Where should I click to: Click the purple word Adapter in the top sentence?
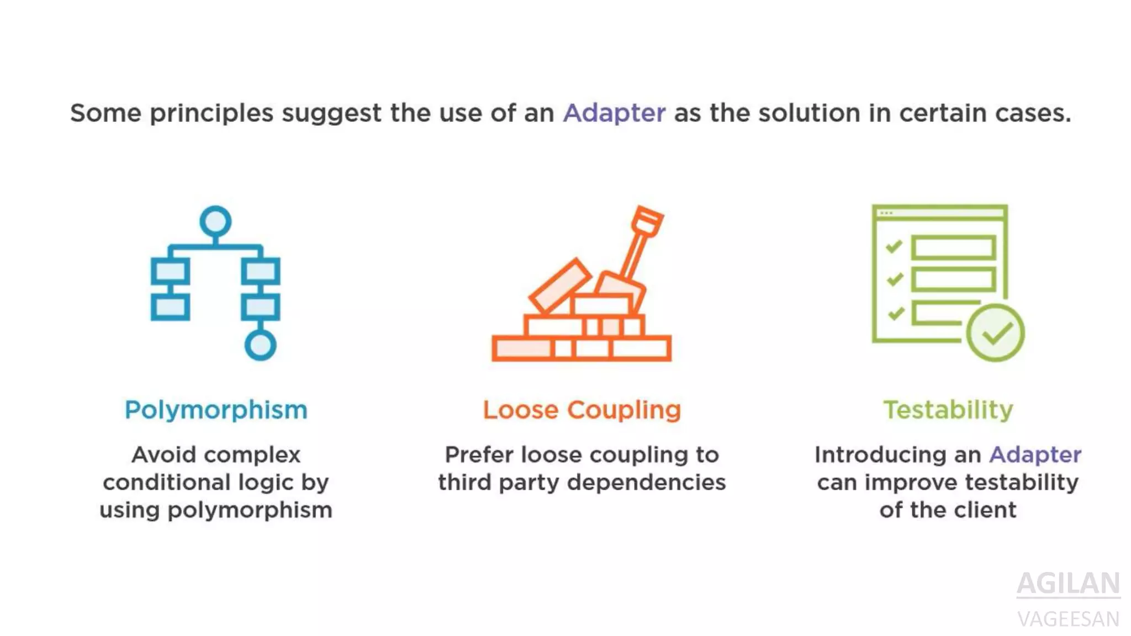coord(614,113)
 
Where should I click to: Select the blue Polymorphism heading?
coord(216,410)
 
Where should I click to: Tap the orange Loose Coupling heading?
coord(582,410)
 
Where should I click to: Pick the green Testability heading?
coord(948,410)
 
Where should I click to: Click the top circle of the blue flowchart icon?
coord(215,221)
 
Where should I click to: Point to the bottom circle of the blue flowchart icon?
coord(260,345)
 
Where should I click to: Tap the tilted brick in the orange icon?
coord(559,285)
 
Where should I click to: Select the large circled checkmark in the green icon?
coord(995,333)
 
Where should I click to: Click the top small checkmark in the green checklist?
coord(894,247)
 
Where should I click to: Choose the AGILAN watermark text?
coord(1068,583)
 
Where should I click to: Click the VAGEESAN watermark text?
coord(1068,619)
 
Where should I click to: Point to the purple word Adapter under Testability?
coord(1035,455)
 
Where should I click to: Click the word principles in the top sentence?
coord(212,114)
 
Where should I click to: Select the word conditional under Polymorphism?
coord(158,483)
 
